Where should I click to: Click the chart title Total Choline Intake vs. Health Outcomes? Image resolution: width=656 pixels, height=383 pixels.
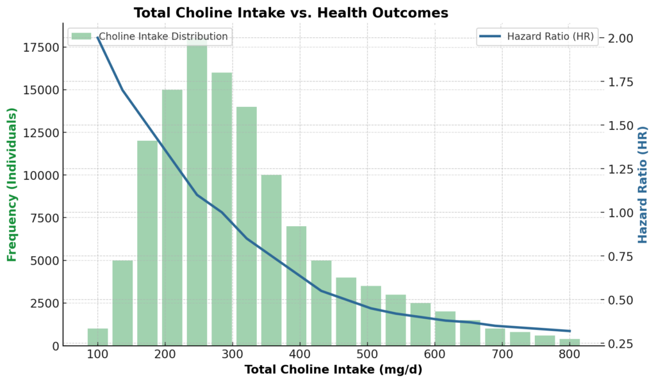pyautogui.click(x=290, y=13)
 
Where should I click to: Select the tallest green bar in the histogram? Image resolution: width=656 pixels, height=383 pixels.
pyautogui.click(x=197, y=192)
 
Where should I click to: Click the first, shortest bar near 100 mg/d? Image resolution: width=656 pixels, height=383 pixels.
pyautogui.click(x=97, y=337)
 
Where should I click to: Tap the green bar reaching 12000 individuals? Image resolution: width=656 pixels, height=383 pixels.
pyautogui.click(x=147, y=243)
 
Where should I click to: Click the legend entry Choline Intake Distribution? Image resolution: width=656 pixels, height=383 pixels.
pyautogui.click(x=149, y=37)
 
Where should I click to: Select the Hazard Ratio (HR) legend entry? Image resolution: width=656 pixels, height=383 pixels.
pyautogui.click(x=538, y=37)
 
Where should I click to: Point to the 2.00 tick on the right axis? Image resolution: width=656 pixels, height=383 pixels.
pyautogui.click(x=619, y=38)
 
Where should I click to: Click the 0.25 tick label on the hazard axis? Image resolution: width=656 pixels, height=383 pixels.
pyautogui.click(x=619, y=344)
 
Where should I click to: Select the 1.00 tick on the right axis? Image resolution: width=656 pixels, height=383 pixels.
pyautogui.click(x=619, y=213)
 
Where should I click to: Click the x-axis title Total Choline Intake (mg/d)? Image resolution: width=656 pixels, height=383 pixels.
pyautogui.click(x=333, y=370)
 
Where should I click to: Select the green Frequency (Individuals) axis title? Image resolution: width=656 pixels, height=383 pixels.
pyautogui.click(x=12, y=184)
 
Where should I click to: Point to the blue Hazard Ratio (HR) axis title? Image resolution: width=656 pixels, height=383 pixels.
pyautogui.click(x=643, y=184)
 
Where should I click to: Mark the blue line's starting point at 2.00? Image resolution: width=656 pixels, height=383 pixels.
pyautogui.click(x=98, y=38)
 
